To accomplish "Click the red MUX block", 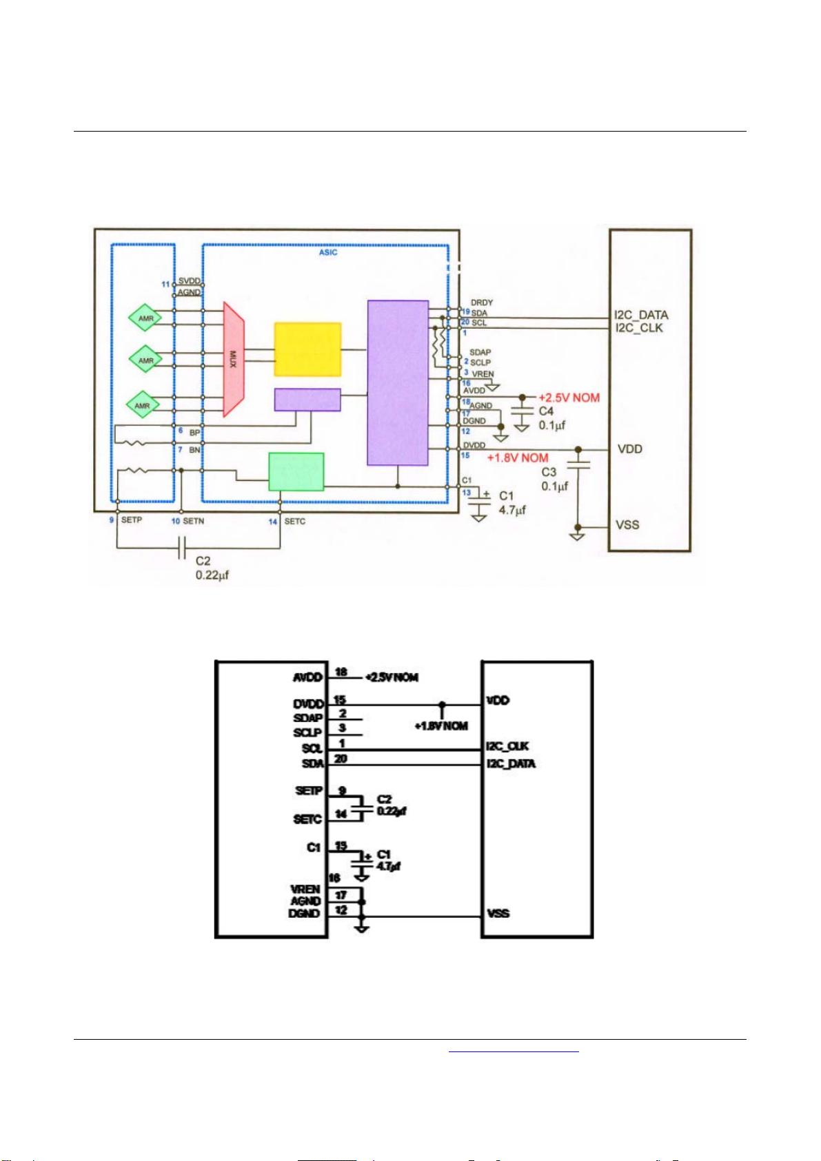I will [x=234, y=359].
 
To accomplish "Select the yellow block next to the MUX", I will [x=307, y=349].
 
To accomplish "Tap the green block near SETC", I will [x=296, y=471].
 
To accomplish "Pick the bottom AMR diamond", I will [x=142, y=406].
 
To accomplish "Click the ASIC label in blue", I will [x=327, y=253].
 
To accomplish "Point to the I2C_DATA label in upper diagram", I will [x=641, y=316].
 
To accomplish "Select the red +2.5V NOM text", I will [x=569, y=398].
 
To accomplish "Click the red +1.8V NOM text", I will [x=518, y=458].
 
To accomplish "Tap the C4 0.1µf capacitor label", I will [x=552, y=418].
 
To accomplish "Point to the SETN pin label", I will [x=193, y=522].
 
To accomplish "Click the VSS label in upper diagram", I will [x=627, y=524].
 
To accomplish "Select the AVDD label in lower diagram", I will [x=307, y=677].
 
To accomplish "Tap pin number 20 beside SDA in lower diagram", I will [x=341, y=759].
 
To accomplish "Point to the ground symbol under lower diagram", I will [x=361, y=928].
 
